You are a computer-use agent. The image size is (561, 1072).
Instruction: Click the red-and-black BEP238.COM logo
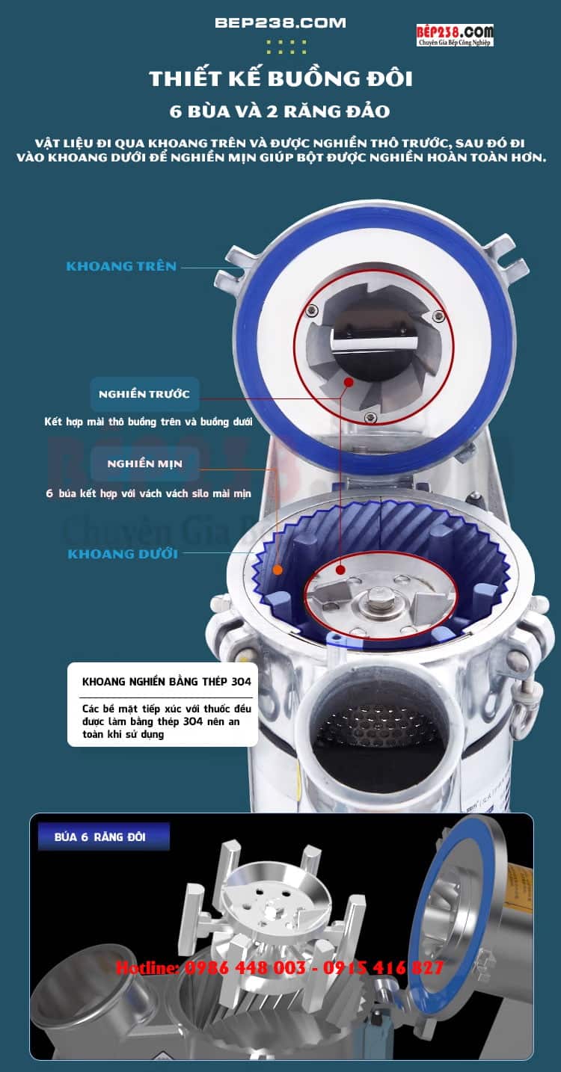click(x=455, y=35)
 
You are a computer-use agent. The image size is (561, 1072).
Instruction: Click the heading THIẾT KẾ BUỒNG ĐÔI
click(x=281, y=79)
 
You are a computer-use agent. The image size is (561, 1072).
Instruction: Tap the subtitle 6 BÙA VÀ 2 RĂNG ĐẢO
click(x=280, y=111)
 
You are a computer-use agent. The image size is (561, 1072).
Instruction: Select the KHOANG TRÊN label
click(x=121, y=266)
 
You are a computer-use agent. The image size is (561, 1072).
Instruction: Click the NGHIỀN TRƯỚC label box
click(x=144, y=394)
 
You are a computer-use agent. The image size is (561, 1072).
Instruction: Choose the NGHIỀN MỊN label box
click(x=144, y=463)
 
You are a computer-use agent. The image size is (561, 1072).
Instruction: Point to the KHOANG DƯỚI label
click(x=123, y=554)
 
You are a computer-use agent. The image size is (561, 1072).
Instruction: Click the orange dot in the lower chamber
click(x=277, y=570)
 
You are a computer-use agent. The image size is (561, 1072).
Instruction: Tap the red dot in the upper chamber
click(x=349, y=382)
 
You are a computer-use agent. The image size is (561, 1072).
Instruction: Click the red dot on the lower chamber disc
click(x=340, y=570)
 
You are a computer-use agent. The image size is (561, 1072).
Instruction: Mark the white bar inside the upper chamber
click(x=374, y=343)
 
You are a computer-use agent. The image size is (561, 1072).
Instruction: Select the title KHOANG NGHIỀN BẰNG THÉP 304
click(x=167, y=682)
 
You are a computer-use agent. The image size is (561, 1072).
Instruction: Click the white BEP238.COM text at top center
click(x=280, y=23)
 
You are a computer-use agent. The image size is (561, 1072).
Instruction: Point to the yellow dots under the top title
click(x=286, y=46)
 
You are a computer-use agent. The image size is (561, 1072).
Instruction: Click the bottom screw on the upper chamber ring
click(x=370, y=417)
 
